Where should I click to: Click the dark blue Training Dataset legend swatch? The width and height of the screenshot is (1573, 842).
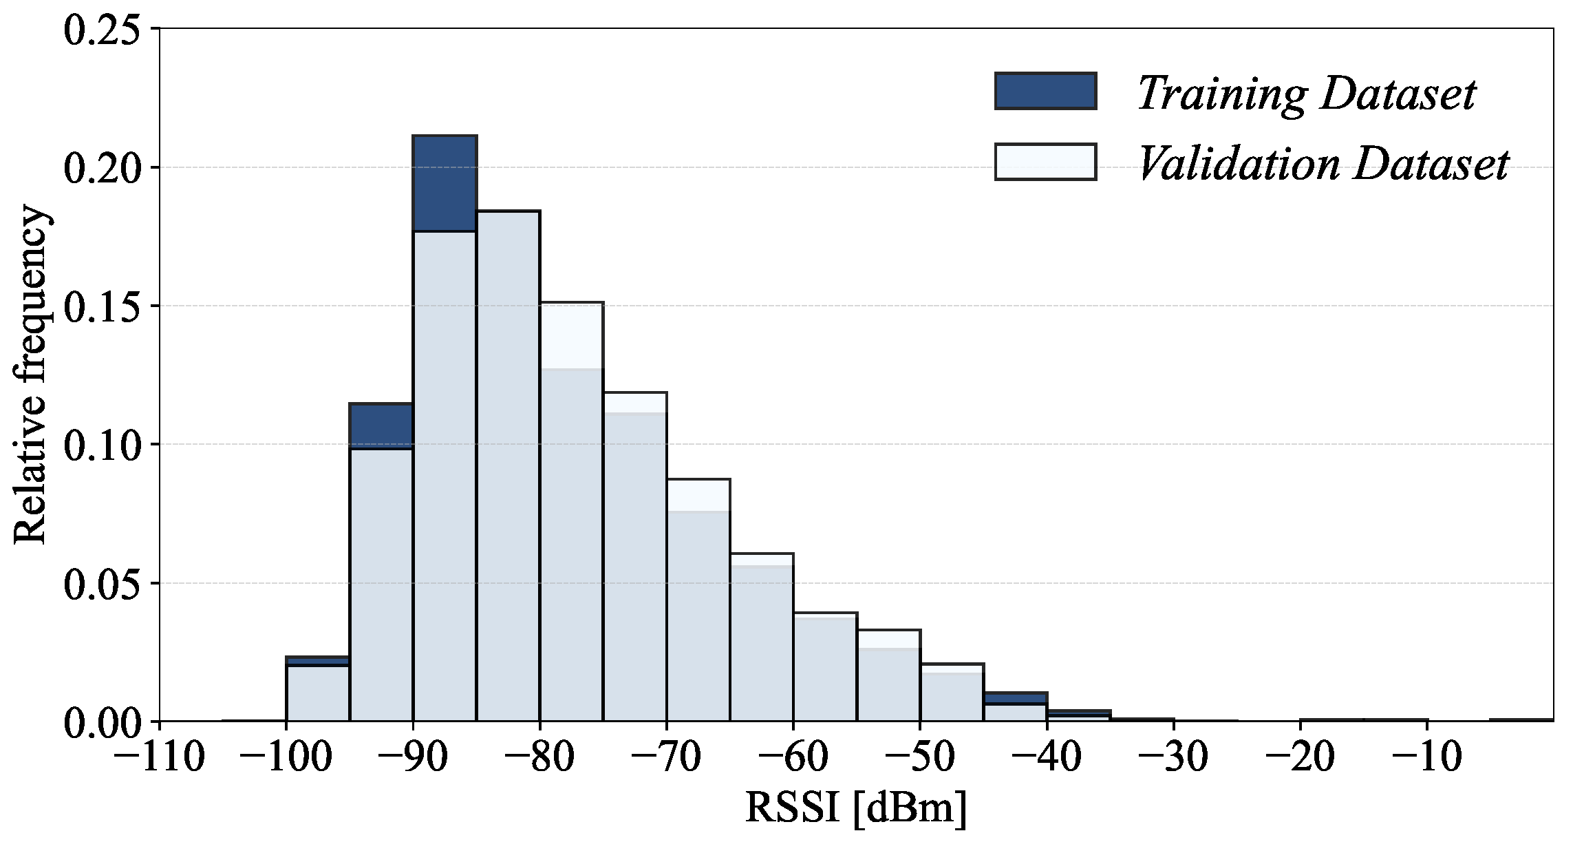tap(1045, 91)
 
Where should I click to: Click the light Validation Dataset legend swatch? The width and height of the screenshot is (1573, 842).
tap(1045, 162)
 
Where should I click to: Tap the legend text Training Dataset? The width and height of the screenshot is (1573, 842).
tap(1306, 93)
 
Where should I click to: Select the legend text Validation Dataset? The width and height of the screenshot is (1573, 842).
tap(1322, 164)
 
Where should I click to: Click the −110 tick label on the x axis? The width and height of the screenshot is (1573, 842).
tap(159, 757)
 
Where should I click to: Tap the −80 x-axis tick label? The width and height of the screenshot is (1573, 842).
tap(539, 757)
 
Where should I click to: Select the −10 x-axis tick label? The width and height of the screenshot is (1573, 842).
tap(1426, 757)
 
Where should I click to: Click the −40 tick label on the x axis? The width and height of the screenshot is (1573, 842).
tap(1047, 757)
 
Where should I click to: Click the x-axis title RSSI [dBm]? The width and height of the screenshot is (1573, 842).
tap(856, 807)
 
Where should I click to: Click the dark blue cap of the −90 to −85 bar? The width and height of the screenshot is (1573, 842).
tap(445, 183)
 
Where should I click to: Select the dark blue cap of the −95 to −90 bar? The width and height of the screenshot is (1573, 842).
tap(381, 425)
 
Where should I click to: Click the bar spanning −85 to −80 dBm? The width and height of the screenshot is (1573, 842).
tap(508, 468)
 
